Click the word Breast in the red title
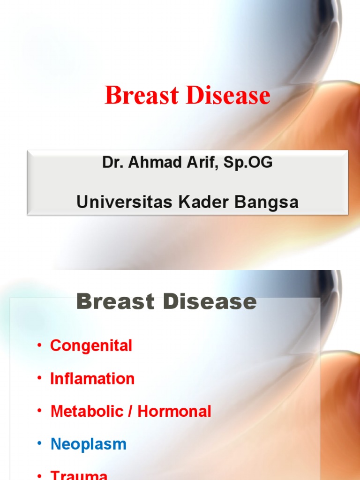pyautogui.click(x=142, y=96)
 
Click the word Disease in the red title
pyautogui.click(x=228, y=96)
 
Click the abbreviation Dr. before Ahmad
pyautogui.click(x=111, y=163)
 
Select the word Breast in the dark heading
pyautogui.click(x=115, y=302)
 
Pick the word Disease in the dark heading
pyautogui.click(x=210, y=302)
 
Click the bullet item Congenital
pyautogui.click(x=91, y=346)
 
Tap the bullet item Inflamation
pyautogui.click(x=92, y=379)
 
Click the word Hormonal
pyautogui.click(x=174, y=412)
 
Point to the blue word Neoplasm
pyautogui.click(x=88, y=444)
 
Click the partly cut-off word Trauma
pyautogui.click(x=79, y=475)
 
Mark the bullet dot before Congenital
pyautogui.click(x=40, y=346)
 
